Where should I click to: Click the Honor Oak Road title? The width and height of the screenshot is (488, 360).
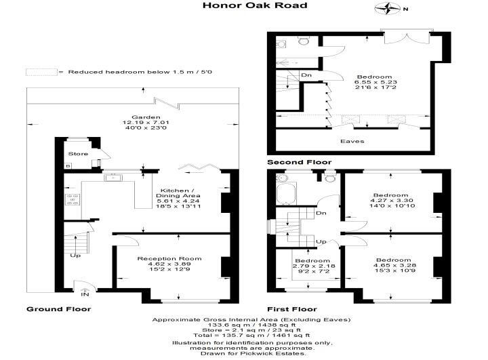click(255, 5)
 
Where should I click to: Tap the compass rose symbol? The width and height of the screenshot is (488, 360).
click(388, 8)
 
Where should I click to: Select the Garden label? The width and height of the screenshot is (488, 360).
click(146, 117)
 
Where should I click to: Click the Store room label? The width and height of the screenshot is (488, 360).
click(78, 153)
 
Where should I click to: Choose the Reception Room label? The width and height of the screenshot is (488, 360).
click(169, 258)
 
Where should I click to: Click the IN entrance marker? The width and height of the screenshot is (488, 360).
click(85, 294)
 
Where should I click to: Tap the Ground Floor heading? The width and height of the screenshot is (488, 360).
click(59, 309)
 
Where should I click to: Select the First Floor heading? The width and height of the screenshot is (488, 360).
click(292, 309)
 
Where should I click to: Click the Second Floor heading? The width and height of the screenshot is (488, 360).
click(300, 162)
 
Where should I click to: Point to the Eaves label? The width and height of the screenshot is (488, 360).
click(352, 141)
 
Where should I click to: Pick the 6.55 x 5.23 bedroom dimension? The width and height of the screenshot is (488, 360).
click(375, 82)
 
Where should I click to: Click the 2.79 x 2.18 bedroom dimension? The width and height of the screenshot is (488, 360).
click(314, 266)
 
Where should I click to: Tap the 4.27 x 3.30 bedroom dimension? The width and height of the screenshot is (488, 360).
click(392, 200)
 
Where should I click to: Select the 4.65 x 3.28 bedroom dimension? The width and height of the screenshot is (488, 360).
click(394, 265)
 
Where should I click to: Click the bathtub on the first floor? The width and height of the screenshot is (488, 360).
click(286, 193)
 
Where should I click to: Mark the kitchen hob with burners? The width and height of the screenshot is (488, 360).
click(73, 199)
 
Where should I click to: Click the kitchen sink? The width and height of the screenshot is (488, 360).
click(113, 178)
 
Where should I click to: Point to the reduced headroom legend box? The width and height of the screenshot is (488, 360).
click(41, 72)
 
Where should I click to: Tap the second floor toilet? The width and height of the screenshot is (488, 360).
click(304, 40)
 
